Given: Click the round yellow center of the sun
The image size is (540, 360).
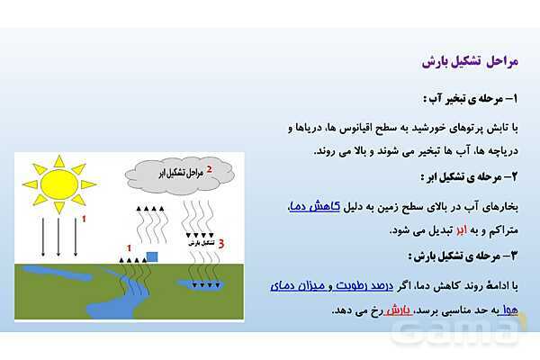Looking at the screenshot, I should tap(59, 184).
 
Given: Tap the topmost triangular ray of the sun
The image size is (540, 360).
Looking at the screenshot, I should tap(59, 160).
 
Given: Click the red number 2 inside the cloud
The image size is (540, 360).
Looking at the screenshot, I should tap(209, 168).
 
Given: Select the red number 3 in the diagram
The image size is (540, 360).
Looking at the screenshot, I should tap(220, 243).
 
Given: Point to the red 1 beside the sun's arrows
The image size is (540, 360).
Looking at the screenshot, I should tap(85, 219).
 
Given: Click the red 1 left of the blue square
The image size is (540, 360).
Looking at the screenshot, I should tap(129, 247).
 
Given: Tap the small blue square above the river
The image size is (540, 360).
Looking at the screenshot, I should tap(151, 257).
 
